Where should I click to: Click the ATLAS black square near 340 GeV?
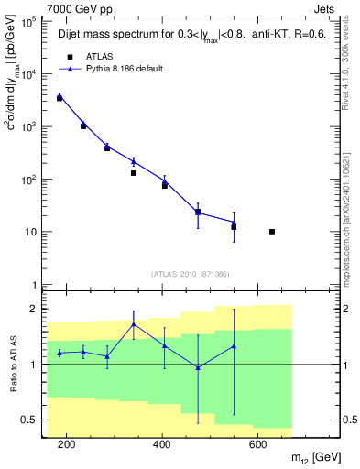coord(134,173)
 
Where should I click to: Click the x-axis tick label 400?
coord(162,444)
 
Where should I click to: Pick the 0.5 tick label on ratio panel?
coord(28,420)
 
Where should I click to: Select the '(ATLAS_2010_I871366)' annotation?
coord(190,274)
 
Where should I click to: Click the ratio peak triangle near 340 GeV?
coord(134,324)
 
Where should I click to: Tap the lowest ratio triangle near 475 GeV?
coord(198,367)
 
